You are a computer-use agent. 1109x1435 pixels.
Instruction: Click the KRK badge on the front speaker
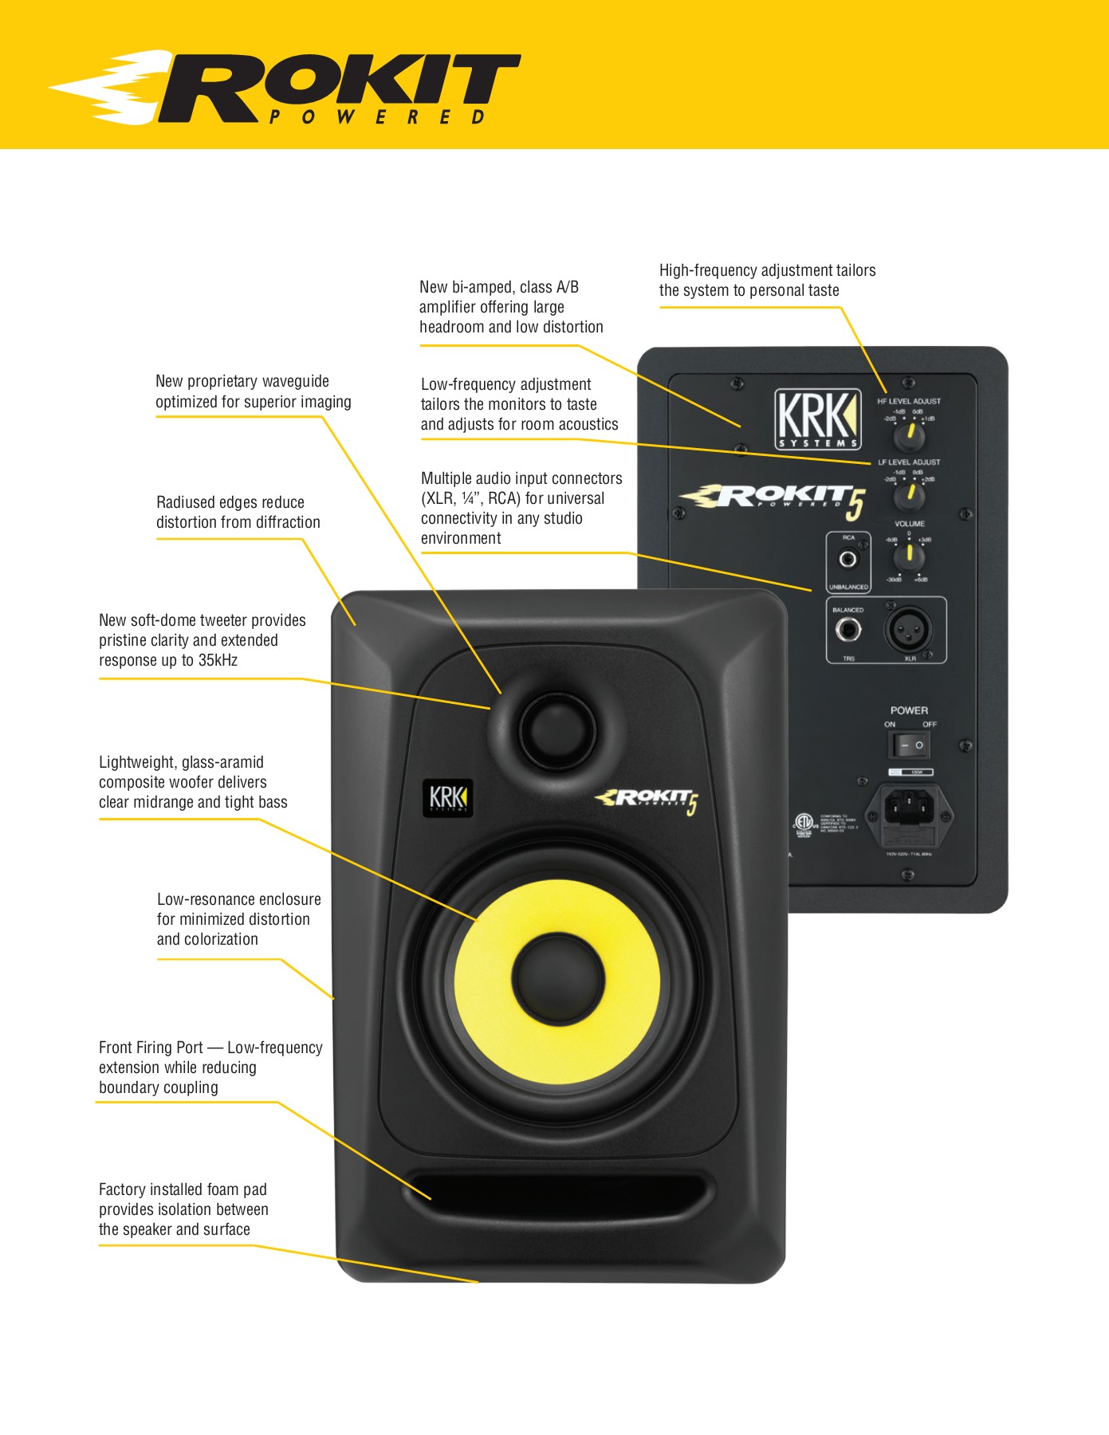[447, 798]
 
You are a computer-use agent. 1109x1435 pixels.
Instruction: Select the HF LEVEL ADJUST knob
[908, 436]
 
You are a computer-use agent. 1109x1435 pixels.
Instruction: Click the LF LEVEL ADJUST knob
[908, 496]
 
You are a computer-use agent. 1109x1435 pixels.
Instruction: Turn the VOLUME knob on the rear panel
[908, 556]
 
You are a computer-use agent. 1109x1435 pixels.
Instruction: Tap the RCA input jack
[847, 559]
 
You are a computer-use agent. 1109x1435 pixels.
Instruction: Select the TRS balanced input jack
[847, 630]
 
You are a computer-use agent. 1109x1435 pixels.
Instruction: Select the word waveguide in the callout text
[295, 382]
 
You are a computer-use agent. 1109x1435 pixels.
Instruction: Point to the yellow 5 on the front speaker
[691, 805]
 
